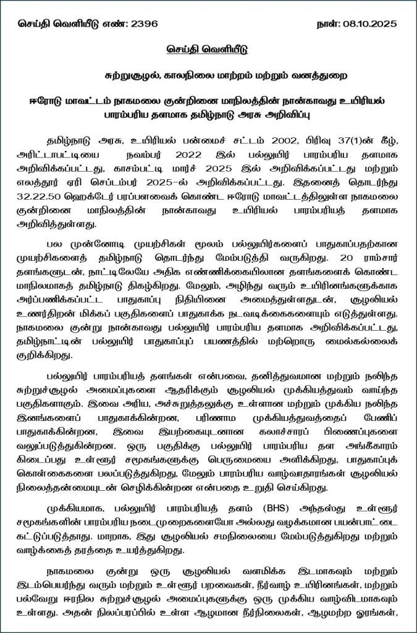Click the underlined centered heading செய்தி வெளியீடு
pyautogui.click(x=209, y=49)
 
